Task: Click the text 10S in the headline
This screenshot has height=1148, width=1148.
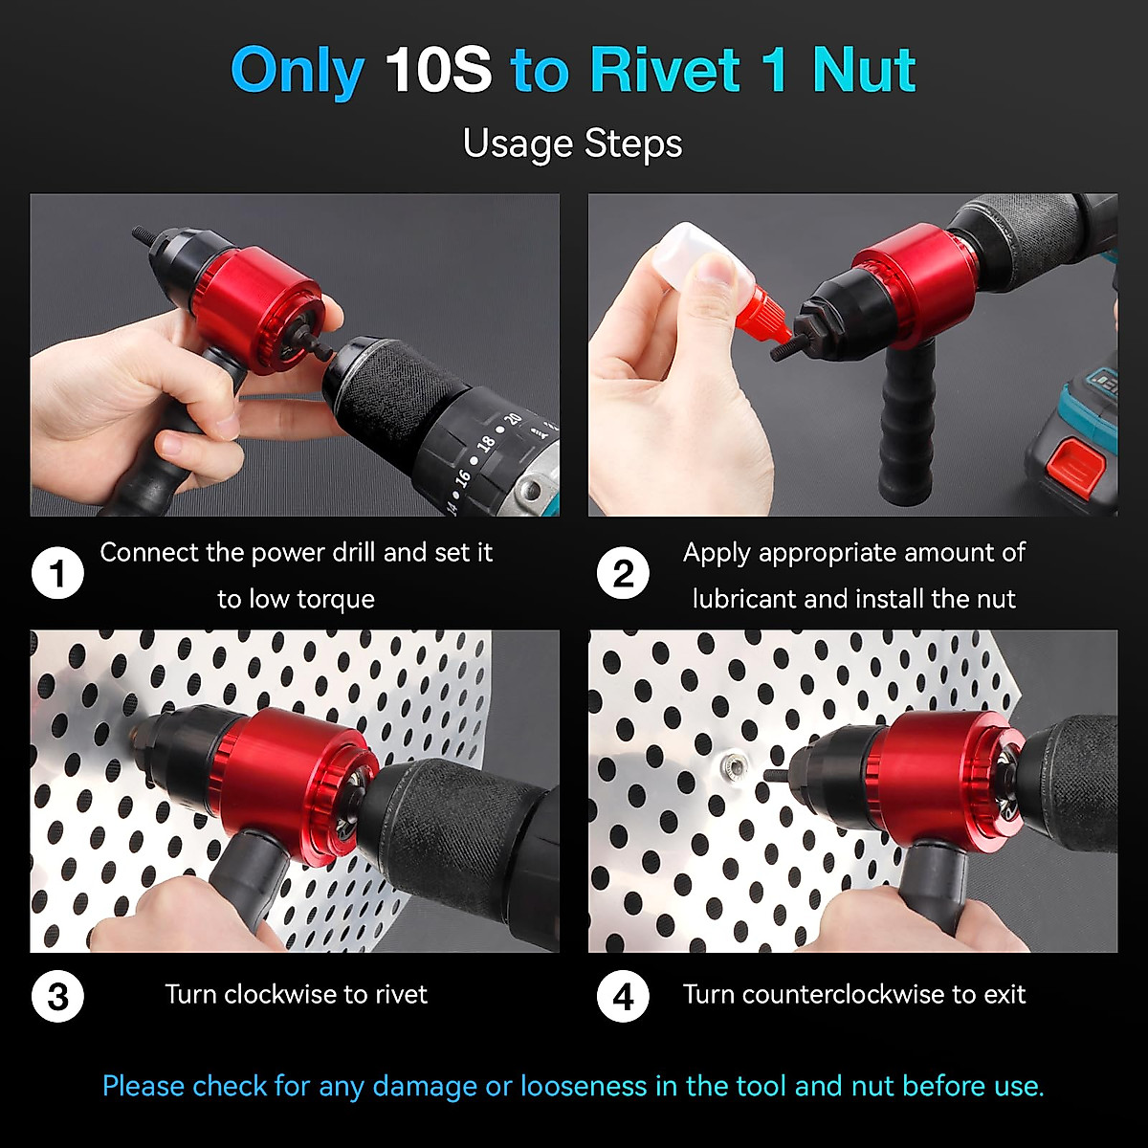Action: (x=437, y=70)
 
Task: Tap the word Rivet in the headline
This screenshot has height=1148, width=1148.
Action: (x=665, y=70)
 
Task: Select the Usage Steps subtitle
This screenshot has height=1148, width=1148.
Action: (x=572, y=143)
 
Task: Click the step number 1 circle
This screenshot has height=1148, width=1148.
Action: (x=57, y=574)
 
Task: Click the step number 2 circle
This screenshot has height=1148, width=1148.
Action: (x=623, y=574)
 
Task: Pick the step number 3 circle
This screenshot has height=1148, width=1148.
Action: (x=57, y=996)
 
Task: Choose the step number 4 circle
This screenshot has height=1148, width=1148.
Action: (x=623, y=996)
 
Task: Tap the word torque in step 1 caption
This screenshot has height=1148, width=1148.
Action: (x=335, y=600)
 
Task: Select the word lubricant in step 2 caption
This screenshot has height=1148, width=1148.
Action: (x=744, y=599)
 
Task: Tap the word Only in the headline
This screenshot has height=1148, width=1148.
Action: (x=297, y=70)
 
